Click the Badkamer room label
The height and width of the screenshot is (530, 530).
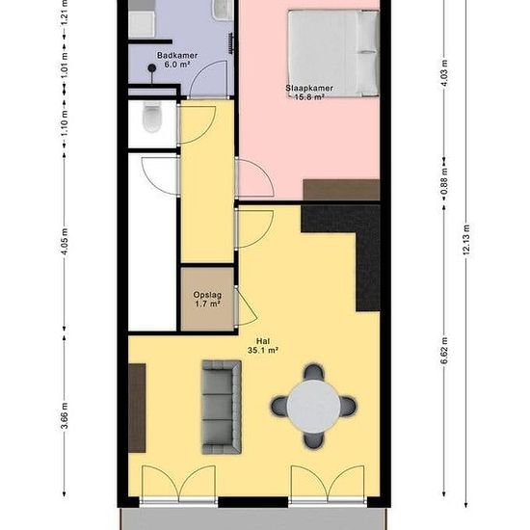tap(177, 56)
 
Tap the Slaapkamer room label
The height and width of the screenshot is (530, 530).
tap(309, 89)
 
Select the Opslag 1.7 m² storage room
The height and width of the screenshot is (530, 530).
tap(207, 299)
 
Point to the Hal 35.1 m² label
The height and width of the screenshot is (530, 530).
tap(263, 346)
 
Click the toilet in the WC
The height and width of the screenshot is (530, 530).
tap(151, 117)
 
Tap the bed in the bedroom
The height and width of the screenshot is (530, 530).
tap(333, 53)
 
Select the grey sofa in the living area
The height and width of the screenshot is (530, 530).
tap(222, 407)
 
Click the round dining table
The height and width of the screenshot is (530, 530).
tap(314, 407)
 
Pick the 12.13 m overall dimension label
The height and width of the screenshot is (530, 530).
tap(466, 240)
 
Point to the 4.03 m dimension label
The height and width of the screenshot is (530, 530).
tap(444, 73)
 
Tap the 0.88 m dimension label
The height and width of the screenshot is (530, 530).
tap(444, 181)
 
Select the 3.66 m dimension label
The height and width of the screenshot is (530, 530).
tap(65, 415)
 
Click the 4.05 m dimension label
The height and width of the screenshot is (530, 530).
tap(65, 241)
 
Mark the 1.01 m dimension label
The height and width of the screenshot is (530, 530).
tap(65, 65)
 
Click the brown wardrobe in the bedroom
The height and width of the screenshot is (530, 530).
tap(341, 190)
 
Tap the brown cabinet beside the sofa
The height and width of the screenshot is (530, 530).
tap(137, 408)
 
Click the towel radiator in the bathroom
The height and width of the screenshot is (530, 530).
tap(231, 43)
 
